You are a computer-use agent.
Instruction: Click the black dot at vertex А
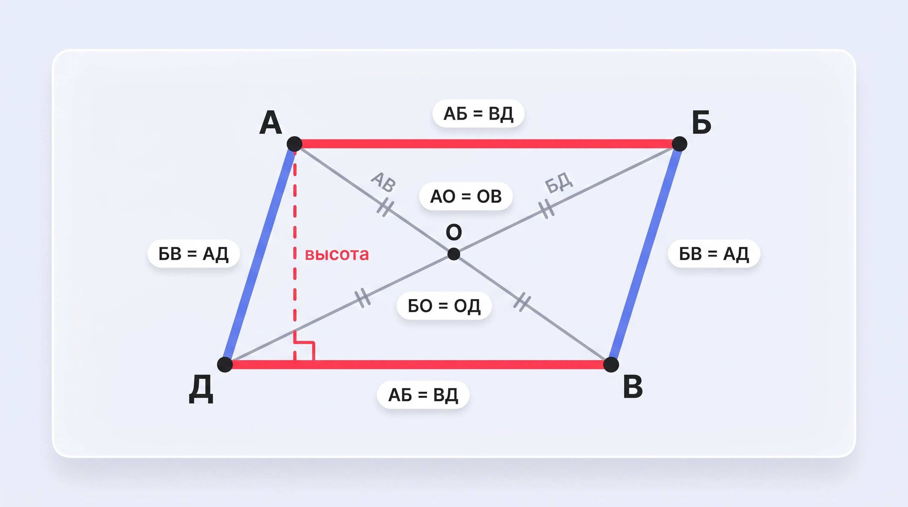(x=294, y=144)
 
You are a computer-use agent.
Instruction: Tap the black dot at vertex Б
(x=679, y=144)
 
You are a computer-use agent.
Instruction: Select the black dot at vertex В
(x=611, y=364)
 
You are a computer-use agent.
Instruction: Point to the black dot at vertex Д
(x=225, y=364)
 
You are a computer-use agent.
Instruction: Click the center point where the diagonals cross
(x=454, y=254)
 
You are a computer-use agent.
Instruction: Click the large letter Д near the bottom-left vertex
(x=201, y=389)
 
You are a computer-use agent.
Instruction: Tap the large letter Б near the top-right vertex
(x=701, y=122)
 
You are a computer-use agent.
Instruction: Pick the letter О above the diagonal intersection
(x=454, y=232)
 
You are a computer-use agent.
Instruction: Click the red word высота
(x=337, y=254)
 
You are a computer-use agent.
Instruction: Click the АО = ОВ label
(x=466, y=196)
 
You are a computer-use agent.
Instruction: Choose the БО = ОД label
(x=444, y=306)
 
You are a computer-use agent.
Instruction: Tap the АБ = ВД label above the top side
(x=478, y=114)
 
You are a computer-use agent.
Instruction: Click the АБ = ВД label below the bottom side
(x=423, y=395)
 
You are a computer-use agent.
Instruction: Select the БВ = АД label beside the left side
(x=194, y=253)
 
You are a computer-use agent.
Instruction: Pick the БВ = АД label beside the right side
(x=714, y=253)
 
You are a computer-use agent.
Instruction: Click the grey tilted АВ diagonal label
(x=383, y=182)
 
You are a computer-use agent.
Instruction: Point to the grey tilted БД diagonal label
(x=559, y=182)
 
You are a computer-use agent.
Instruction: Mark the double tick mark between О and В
(x=522, y=302)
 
